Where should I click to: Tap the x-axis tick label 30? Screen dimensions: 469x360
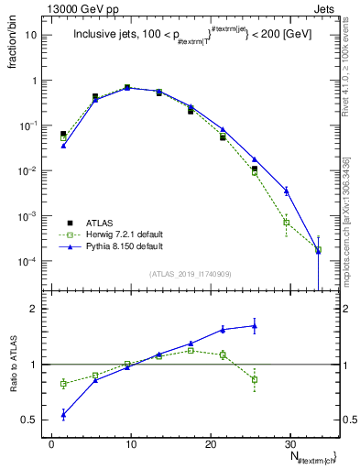tap(290, 443)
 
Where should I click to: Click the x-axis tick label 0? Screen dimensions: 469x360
tap(51, 443)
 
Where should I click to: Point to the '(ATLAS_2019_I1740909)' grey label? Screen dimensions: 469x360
tap(191, 274)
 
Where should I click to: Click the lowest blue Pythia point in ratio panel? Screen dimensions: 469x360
tap(63, 414)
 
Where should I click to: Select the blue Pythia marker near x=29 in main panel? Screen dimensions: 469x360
tap(287, 191)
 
